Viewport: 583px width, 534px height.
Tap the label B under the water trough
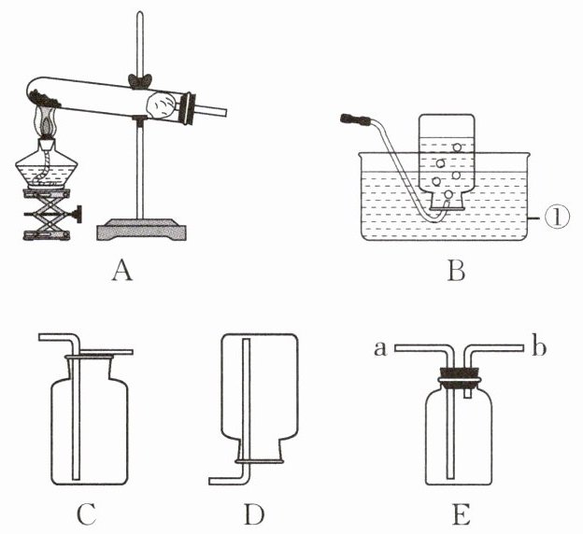click(457, 272)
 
